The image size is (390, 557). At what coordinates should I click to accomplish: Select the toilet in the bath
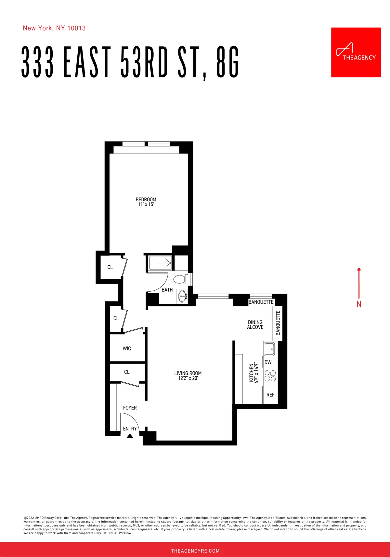point(179,279)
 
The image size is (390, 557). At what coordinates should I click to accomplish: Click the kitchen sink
point(269,349)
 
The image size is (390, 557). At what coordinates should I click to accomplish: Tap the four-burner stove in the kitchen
point(270,376)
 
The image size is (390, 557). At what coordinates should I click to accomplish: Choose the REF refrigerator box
point(270,395)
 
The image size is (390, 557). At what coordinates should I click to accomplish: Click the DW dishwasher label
point(268,362)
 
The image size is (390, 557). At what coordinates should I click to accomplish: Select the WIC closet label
point(127,349)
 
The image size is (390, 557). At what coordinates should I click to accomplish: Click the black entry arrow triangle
point(130,436)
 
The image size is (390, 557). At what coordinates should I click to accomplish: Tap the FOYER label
point(130,408)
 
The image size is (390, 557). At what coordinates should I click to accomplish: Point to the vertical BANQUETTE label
point(278,323)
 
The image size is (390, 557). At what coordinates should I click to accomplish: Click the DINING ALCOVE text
point(255,325)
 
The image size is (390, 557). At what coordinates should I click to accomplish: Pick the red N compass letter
point(359,304)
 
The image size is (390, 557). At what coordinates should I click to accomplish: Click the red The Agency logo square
point(356,52)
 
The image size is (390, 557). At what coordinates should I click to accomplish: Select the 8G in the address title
point(227,62)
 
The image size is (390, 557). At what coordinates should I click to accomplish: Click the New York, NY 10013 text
point(54,28)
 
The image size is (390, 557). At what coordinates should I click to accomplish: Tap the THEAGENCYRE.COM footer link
point(195,551)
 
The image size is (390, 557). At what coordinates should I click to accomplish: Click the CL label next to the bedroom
point(110,267)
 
